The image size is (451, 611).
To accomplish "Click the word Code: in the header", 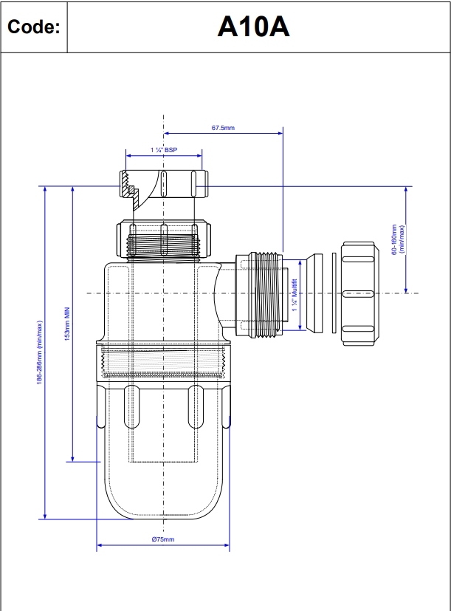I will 33,27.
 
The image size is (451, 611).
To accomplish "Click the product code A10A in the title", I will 253,27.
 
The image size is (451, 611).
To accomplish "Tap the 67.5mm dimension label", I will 222,128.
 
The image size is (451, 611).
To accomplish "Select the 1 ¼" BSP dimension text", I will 164,150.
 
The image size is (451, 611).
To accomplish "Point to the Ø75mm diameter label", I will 163,540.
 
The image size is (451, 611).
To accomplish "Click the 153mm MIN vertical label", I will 66,324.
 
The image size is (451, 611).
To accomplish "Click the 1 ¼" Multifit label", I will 294,294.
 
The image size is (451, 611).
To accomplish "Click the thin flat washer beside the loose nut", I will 334,293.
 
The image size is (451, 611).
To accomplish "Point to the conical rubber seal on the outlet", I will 314,293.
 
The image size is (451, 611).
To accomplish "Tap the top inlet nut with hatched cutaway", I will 163,183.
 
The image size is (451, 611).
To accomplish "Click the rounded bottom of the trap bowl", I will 163,502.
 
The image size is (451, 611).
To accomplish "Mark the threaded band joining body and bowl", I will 163,363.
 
